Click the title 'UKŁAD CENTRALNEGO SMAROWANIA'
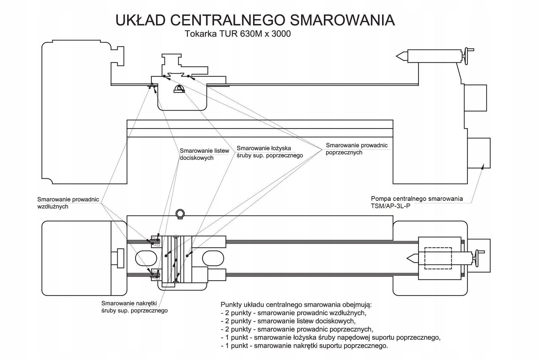pyautogui.click(x=255, y=20)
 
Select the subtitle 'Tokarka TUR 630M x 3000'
pyautogui.click(x=238, y=34)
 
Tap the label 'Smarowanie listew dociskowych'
pyautogui.click(x=204, y=154)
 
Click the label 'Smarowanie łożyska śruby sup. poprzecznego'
pyautogui.click(x=270, y=152)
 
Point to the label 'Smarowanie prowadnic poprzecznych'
pyautogui.click(x=357, y=149)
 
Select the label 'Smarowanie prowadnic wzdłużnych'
pyautogui.click(x=68, y=203)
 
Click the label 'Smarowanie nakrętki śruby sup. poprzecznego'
pyautogui.click(x=135, y=307)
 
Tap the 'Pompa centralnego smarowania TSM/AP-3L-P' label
pyautogui.click(x=417, y=202)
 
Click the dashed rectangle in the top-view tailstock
pyautogui.click(x=438, y=258)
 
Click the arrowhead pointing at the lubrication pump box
pyautogui.click(x=482, y=166)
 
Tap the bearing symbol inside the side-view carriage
pyautogui.click(x=179, y=89)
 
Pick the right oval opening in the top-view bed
pyautogui.click(x=213, y=258)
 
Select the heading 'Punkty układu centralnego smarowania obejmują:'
pyautogui.click(x=296, y=305)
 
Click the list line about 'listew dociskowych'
pyautogui.click(x=288, y=321)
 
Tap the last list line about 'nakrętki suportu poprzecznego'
pyautogui.click(x=304, y=346)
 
